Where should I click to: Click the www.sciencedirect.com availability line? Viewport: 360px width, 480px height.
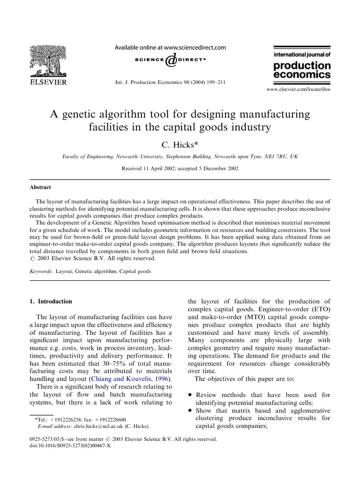(171, 47)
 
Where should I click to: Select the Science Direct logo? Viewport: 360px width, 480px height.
(171, 60)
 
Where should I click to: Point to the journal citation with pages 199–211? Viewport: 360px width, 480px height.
(171, 82)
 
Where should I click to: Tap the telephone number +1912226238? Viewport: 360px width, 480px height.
(63, 420)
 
